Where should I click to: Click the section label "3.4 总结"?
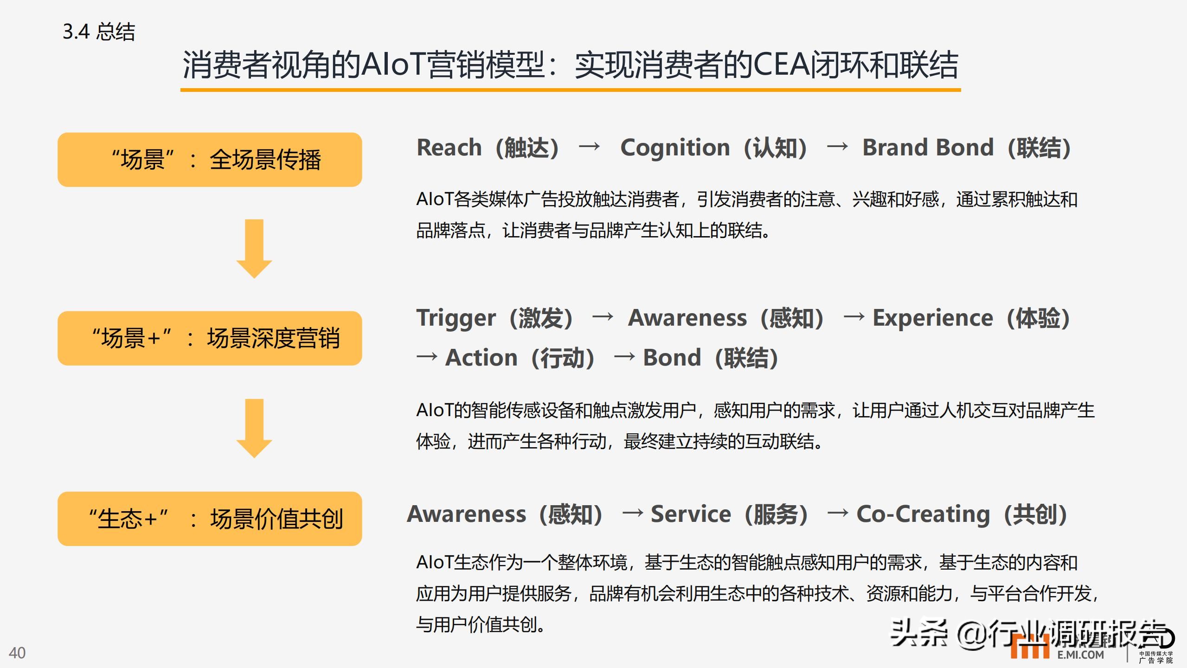pos(99,32)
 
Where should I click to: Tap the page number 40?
pos(17,653)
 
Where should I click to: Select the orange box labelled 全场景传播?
pos(210,160)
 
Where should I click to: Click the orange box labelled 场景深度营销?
pos(210,338)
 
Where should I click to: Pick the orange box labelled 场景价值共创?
pos(210,519)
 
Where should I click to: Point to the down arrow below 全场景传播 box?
pos(254,249)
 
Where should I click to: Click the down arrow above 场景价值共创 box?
pos(254,428)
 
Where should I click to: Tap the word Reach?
pos(449,148)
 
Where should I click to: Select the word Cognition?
pos(675,148)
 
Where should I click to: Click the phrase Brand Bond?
pos(928,148)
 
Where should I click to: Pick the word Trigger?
pos(456,319)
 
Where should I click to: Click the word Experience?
pos(933,319)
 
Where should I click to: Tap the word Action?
pos(481,358)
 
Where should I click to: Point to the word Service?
pos(691,514)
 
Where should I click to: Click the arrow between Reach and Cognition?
pos(589,147)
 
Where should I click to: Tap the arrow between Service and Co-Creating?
pos(838,513)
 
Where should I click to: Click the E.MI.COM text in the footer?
pos(1081,655)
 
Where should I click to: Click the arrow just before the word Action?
pos(427,357)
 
